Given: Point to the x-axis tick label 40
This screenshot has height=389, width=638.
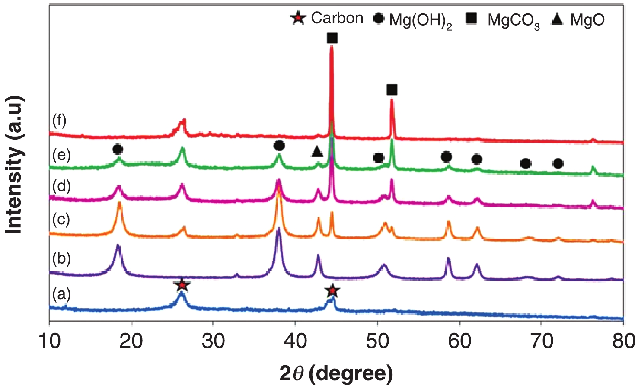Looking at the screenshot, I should click(x=295, y=341).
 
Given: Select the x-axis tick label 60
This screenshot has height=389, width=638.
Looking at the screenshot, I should click(x=459, y=341).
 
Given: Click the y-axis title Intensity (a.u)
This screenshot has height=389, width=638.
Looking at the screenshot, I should click(x=14, y=165).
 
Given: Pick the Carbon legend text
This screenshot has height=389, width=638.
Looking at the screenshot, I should click(x=337, y=18).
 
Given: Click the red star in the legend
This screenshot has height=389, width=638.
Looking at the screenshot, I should click(x=298, y=19).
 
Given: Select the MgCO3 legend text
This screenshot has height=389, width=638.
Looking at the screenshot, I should click(x=514, y=20).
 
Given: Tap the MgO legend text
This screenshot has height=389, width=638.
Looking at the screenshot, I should click(x=587, y=19).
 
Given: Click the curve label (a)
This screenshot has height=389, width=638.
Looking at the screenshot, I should click(x=61, y=294).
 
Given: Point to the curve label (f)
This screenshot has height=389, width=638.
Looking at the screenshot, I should click(x=59, y=121).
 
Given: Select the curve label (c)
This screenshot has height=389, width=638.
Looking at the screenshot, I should click(x=61, y=220).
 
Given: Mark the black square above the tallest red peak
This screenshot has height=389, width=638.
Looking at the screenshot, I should click(x=332, y=38).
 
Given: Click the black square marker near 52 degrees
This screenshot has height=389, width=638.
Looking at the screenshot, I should click(x=391, y=90).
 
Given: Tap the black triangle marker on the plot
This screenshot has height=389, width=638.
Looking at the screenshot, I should click(x=317, y=152).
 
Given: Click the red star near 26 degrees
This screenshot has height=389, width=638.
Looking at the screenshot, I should click(x=182, y=285).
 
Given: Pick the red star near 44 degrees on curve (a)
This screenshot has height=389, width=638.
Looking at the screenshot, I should click(x=332, y=291).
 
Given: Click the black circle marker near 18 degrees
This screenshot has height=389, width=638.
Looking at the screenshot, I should click(x=117, y=150).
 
